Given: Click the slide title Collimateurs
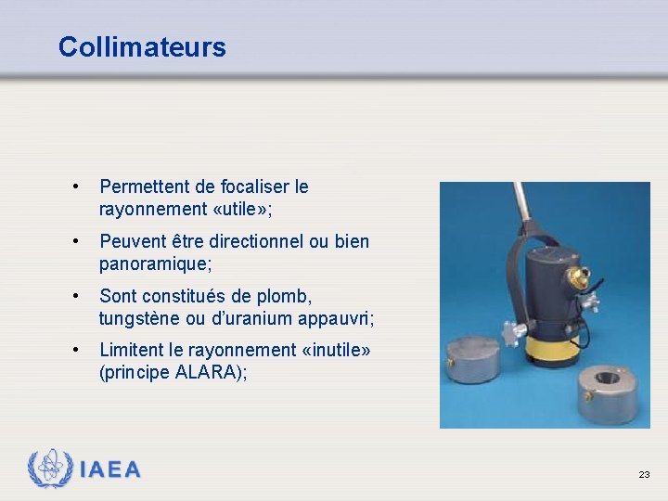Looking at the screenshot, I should pos(141,46).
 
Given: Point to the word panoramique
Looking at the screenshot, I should pos(153,263).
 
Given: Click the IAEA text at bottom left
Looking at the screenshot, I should pos(110,469).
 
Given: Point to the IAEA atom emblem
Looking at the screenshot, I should pos(50,469).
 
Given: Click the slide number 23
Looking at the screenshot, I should pos(644,474).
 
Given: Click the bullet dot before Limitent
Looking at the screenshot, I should pos(74,351).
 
